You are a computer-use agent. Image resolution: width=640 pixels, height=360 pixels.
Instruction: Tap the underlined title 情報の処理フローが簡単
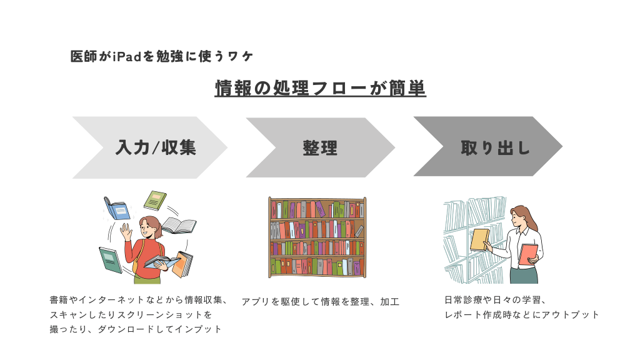click(321, 88)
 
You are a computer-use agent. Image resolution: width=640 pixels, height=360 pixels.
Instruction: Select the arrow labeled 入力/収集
click(150, 147)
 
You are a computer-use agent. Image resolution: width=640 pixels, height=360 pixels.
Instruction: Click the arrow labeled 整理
click(321, 147)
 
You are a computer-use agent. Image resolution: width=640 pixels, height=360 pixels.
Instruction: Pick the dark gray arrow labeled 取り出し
click(488, 146)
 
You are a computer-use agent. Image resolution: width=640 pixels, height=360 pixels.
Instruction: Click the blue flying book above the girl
click(117, 208)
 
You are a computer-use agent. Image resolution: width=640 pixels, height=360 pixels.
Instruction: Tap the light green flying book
click(155, 201)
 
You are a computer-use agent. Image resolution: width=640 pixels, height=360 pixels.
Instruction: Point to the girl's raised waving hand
click(126, 232)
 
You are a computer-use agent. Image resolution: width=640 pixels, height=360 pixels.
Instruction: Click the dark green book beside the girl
click(110, 260)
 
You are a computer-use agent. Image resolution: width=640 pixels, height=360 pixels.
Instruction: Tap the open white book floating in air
click(179, 226)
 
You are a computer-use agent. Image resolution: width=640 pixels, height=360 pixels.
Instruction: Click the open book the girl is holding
click(162, 262)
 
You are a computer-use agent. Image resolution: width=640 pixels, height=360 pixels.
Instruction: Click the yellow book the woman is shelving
click(479, 239)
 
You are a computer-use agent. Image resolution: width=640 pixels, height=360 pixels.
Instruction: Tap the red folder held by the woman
click(528, 255)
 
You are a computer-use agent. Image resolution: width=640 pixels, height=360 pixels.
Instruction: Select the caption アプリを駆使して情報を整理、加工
click(321, 302)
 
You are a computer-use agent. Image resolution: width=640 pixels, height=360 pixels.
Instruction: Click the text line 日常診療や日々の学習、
click(495, 300)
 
